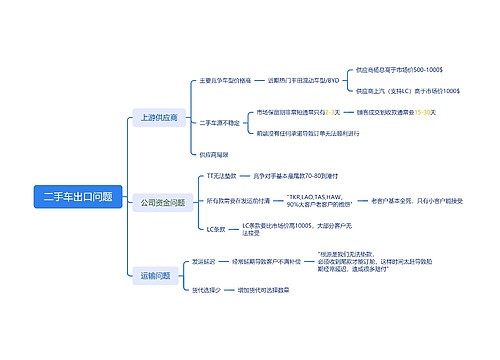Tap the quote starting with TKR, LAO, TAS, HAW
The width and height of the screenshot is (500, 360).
point(318,201)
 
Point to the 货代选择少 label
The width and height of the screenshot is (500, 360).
point(206,290)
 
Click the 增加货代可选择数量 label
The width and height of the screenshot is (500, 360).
point(265,290)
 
